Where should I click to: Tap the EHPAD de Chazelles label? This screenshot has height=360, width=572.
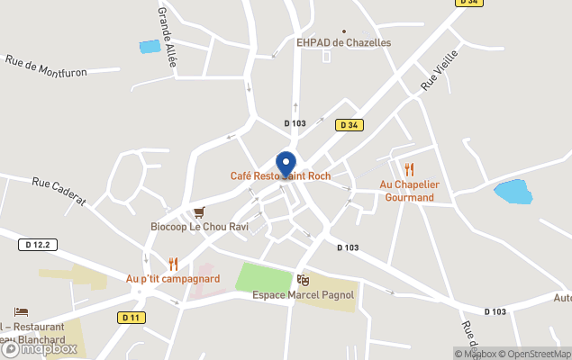click(x=344, y=42)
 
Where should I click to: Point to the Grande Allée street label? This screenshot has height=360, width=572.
click(x=167, y=36)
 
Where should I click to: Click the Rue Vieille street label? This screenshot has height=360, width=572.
click(x=439, y=70)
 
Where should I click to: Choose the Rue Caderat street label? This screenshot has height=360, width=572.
click(x=59, y=190)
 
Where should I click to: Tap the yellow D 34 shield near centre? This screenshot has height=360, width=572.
click(x=350, y=125)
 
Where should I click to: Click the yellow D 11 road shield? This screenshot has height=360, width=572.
click(x=131, y=317)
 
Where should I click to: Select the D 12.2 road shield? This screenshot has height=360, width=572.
click(x=41, y=244)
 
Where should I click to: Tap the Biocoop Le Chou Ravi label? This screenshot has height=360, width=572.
click(x=199, y=227)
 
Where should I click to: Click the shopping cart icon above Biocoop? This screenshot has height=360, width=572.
click(x=199, y=212)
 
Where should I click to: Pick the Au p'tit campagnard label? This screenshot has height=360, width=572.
click(x=173, y=279)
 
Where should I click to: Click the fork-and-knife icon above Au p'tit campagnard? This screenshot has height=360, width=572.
click(x=173, y=264)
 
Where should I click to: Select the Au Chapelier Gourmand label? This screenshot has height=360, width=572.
click(x=409, y=191)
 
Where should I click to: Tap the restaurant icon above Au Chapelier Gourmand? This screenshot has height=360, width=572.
click(x=409, y=168)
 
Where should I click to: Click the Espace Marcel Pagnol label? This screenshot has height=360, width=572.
click(x=303, y=295)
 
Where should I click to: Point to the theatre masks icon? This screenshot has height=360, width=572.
click(x=303, y=281)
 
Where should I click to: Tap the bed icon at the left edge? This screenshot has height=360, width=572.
click(x=22, y=312)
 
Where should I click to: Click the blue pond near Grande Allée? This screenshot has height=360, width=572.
click(x=149, y=47)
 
